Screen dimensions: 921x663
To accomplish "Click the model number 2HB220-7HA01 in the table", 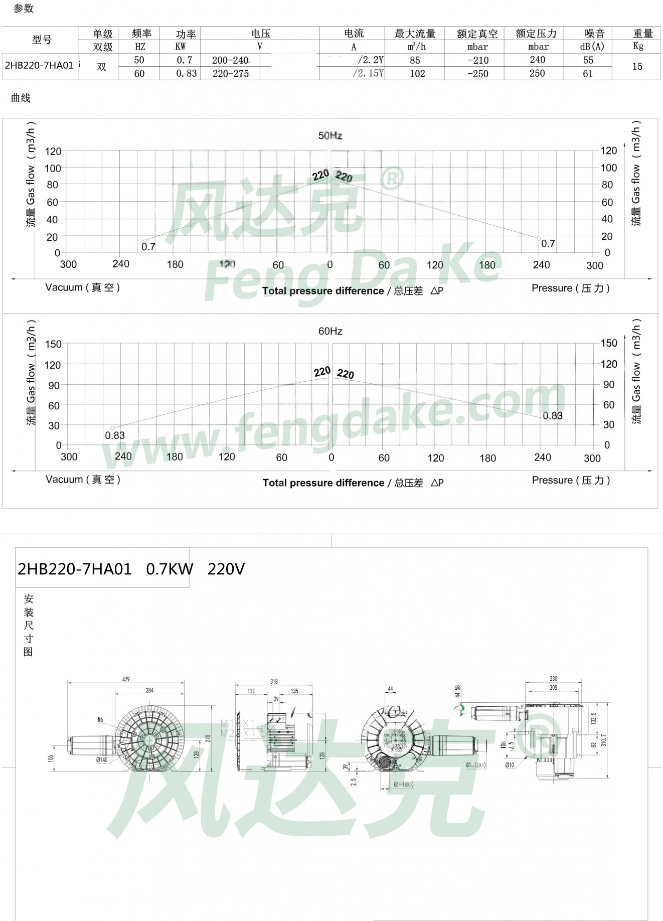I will pos(39,66).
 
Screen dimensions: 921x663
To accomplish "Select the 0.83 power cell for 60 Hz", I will pos(186,73).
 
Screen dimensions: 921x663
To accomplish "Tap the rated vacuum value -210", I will pos(477,60).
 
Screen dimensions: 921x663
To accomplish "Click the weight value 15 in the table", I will pos(637,66).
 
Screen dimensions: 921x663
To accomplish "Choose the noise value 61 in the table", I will pos(588,74).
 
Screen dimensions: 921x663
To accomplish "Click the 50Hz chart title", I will pos(330,135).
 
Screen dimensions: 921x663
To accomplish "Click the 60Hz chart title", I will pos(330,331).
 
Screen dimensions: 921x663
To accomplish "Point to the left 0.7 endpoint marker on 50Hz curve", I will pos(145,241).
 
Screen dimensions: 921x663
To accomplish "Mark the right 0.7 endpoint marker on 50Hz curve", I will pos(539,238).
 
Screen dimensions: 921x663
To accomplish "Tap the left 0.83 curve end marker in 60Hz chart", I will pos(112,428).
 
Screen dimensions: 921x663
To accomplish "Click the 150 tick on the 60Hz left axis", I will pos(53,344).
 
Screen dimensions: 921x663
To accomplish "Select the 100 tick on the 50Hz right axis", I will pos(609,168).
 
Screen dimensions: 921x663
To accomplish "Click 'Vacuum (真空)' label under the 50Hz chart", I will pos(83,287).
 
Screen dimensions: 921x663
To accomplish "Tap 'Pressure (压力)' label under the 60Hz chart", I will pos(571,480).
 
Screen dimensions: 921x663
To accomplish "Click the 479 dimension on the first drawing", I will pos(126,679).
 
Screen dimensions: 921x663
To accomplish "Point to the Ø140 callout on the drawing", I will pos(102,759).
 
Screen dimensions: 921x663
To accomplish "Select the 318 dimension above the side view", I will pos(274,681).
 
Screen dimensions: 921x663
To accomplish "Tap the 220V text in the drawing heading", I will pos(226,569).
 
